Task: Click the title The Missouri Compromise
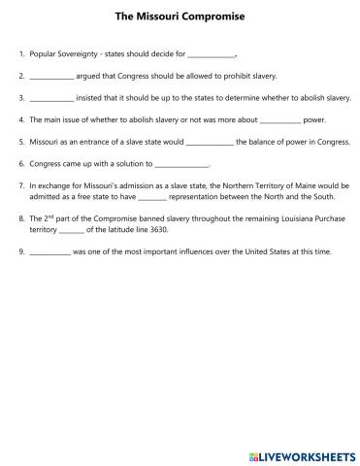pos(180,17)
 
